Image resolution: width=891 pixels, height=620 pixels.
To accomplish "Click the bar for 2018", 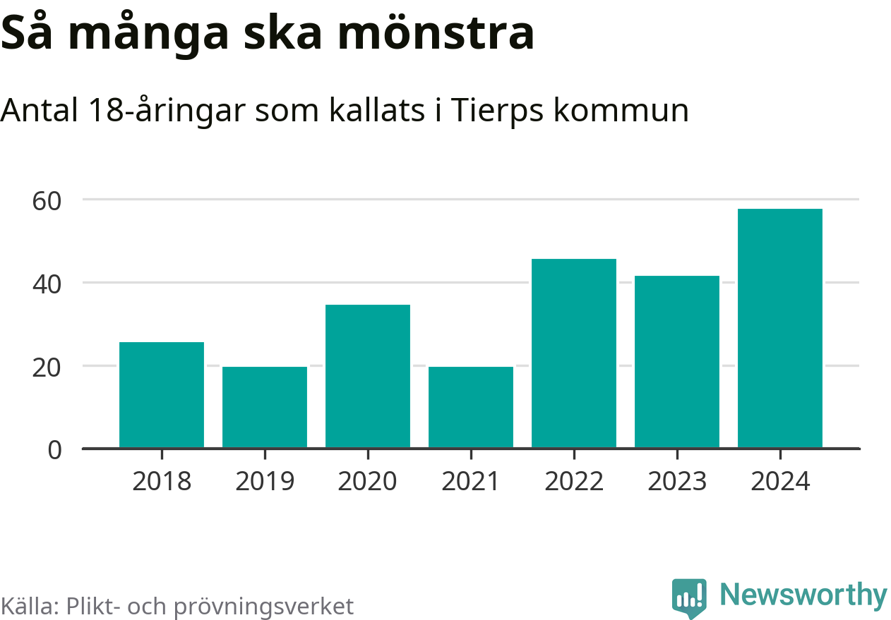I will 162,395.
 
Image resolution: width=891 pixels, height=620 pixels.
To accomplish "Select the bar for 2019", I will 265,407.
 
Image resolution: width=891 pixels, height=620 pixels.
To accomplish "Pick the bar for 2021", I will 471,407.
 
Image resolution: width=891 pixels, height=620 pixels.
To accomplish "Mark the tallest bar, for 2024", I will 780,328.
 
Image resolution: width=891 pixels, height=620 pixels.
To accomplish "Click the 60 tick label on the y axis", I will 47,200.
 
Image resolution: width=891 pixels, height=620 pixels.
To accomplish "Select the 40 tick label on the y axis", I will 47,284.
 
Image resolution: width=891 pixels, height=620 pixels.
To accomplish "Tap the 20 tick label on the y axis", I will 47,367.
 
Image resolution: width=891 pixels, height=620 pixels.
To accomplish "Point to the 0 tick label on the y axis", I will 54,450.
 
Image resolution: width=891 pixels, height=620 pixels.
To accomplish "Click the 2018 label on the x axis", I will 162,482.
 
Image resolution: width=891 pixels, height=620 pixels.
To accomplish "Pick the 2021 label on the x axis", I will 471,482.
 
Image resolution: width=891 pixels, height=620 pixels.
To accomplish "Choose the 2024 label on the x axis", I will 780,482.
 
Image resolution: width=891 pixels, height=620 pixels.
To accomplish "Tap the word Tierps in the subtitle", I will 494,110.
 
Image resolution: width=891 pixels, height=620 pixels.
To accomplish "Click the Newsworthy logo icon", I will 689,598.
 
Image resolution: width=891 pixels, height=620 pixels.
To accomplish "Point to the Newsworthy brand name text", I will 803,596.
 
